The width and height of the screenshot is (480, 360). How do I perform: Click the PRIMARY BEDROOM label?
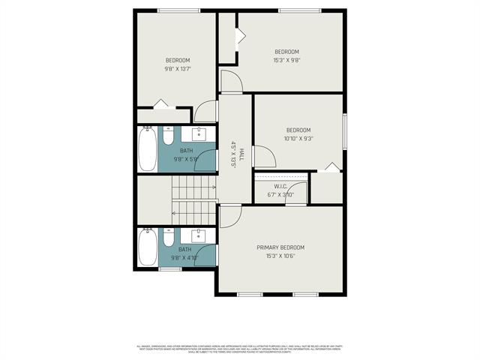point(280,247)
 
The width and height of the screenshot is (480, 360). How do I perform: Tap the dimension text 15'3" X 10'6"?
point(280,256)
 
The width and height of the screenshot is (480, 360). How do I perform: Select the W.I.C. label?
point(280,186)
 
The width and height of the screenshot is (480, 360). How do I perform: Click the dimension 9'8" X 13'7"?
point(178,68)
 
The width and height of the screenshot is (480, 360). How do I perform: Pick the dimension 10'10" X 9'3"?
point(298,138)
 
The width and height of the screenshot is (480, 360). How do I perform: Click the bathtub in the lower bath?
point(147,247)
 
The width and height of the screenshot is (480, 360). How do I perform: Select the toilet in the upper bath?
point(169,138)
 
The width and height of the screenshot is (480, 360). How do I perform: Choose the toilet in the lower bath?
point(169,238)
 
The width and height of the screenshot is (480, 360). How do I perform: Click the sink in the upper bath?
point(199,135)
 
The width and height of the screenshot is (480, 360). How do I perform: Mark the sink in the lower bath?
point(199,235)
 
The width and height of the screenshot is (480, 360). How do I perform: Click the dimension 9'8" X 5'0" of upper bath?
point(185,159)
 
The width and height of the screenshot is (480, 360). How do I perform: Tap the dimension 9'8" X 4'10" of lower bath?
point(185,258)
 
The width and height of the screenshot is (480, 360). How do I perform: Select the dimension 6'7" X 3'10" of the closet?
point(280,195)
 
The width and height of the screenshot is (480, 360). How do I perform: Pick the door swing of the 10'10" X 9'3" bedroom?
point(265,156)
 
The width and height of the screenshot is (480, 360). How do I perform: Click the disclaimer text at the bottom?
point(240,349)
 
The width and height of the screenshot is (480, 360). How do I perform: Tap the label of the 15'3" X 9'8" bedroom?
point(286,52)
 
